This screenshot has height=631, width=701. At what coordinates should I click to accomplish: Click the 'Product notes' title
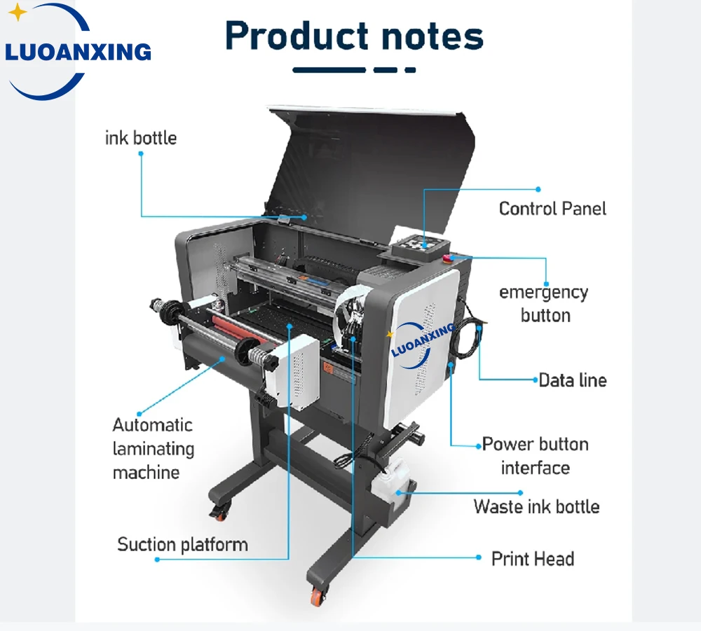click(x=354, y=36)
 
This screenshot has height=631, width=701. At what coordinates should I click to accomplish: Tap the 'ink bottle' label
click(x=141, y=137)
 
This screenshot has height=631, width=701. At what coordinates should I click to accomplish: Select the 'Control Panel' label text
click(x=552, y=208)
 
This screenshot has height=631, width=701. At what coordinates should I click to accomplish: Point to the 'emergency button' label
click(x=544, y=303)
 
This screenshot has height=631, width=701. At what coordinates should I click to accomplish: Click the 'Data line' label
click(x=572, y=380)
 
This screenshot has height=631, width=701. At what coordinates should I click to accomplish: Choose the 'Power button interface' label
click(x=535, y=455)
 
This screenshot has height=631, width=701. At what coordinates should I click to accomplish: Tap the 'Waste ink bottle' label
click(x=536, y=506)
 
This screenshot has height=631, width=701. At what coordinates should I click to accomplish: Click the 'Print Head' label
click(x=533, y=559)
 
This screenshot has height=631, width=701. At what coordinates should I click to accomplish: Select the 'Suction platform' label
click(x=182, y=544)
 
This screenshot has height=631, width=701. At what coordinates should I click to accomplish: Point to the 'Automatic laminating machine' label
click(x=153, y=448)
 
